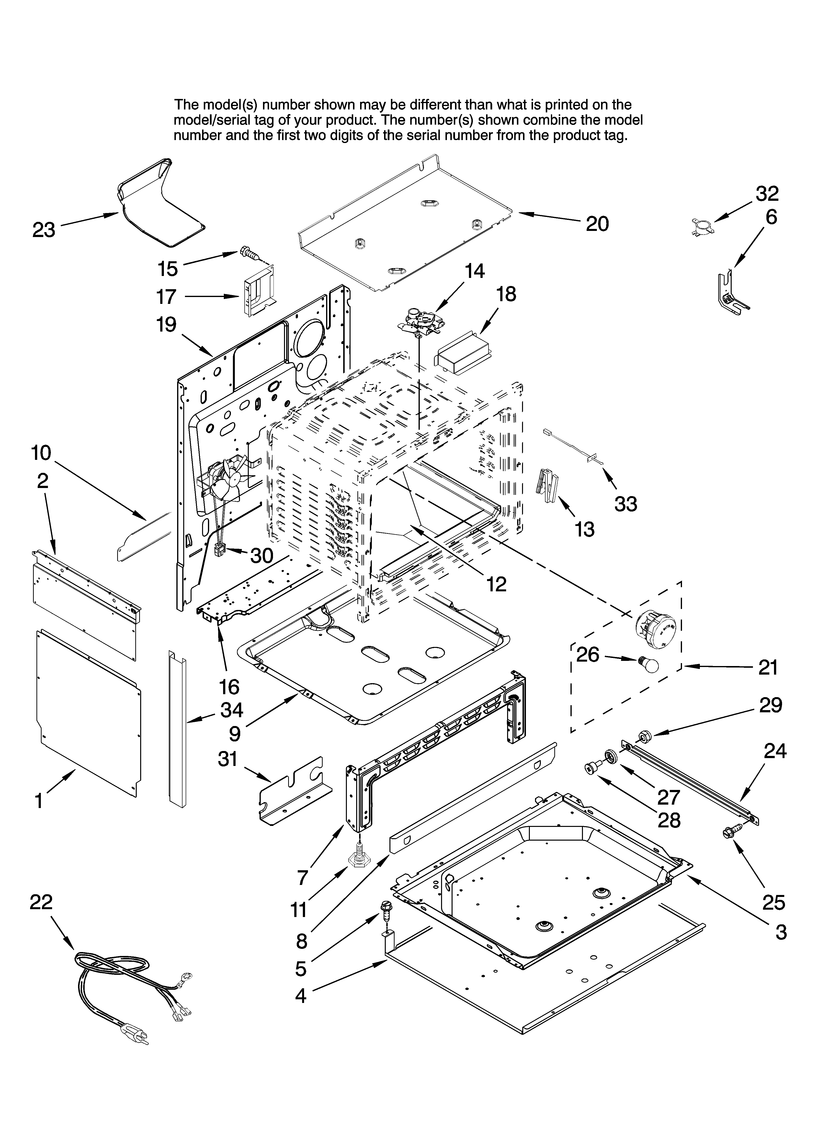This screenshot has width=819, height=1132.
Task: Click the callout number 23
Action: click(x=44, y=230)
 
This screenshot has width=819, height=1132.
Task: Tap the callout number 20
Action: click(x=597, y=224)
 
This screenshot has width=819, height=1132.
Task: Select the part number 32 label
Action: click(x=767, y=193)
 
